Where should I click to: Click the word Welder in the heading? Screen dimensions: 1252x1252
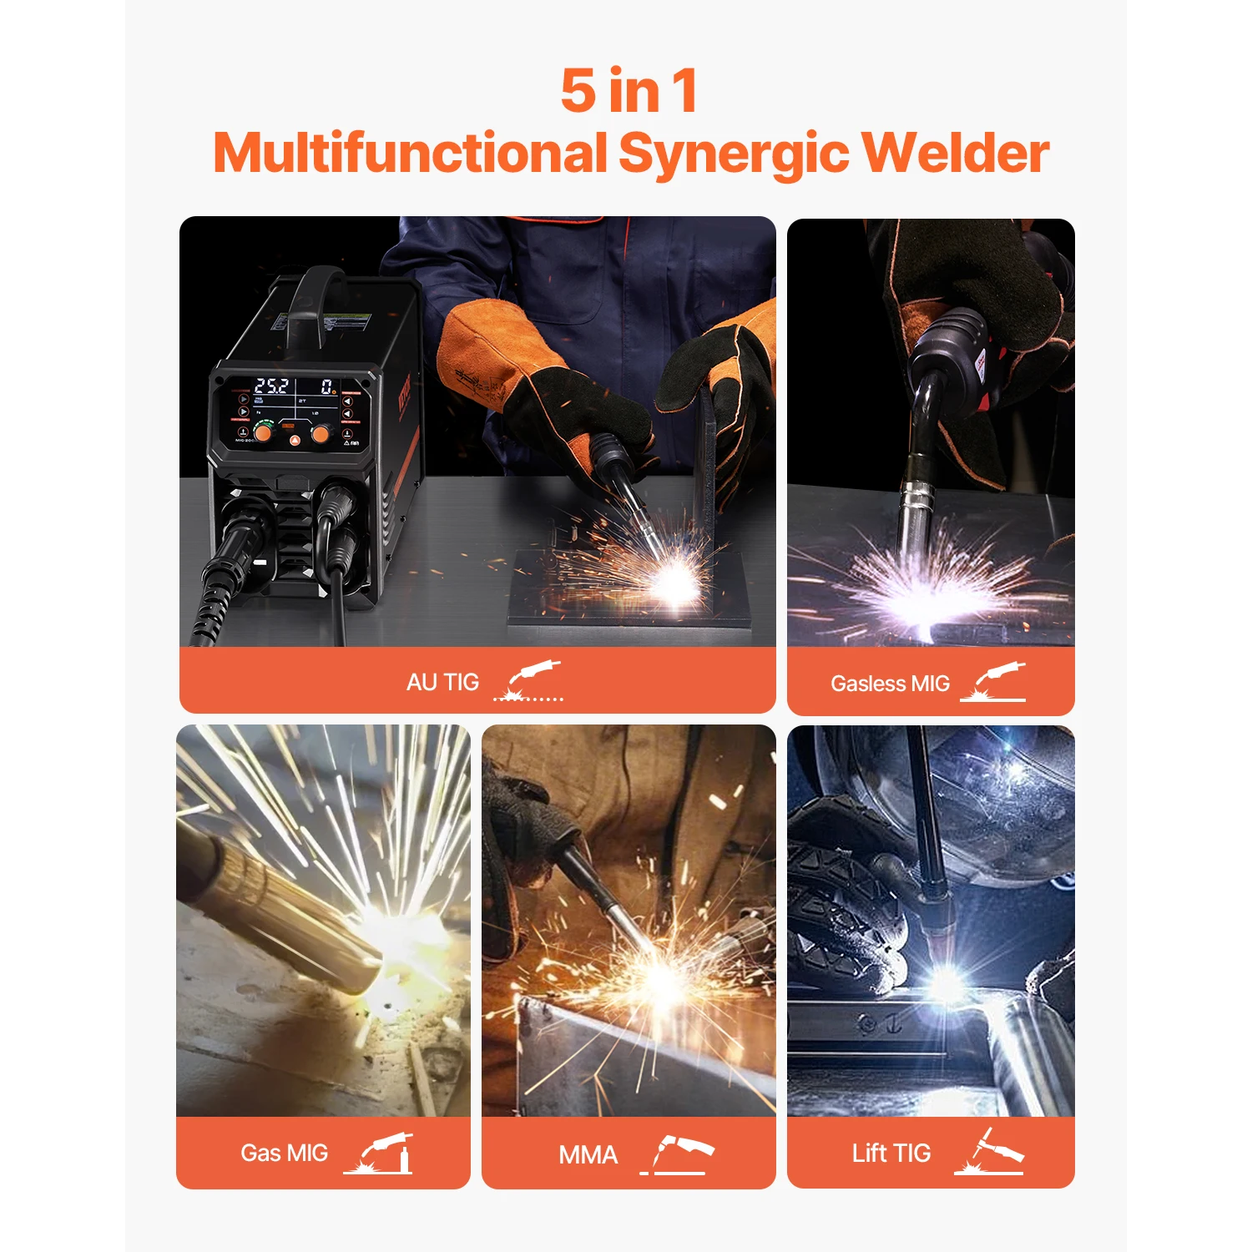pos(955,153)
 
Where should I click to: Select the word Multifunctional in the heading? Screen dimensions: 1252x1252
pos(410,153)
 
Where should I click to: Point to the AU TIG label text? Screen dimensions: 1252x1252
pos(442,682)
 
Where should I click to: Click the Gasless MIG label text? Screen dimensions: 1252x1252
pos(890,684)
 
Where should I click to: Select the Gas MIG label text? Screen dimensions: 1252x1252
pos(284,1153)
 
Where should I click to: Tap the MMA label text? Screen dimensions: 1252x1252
pos(588,1154)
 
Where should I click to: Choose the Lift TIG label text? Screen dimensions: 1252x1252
pos(891,1153)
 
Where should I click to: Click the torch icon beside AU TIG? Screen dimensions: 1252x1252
pos(529,680)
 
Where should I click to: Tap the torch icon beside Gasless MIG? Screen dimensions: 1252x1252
pos(993,682)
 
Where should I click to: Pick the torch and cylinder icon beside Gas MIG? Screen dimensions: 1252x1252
pos(380,1153)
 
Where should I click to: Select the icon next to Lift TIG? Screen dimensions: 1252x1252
pos(990,1152)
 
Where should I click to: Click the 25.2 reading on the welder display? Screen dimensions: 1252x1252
pos(271,386)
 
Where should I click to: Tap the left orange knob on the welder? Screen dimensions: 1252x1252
pos(262,433)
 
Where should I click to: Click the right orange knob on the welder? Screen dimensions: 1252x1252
pos(320,434)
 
